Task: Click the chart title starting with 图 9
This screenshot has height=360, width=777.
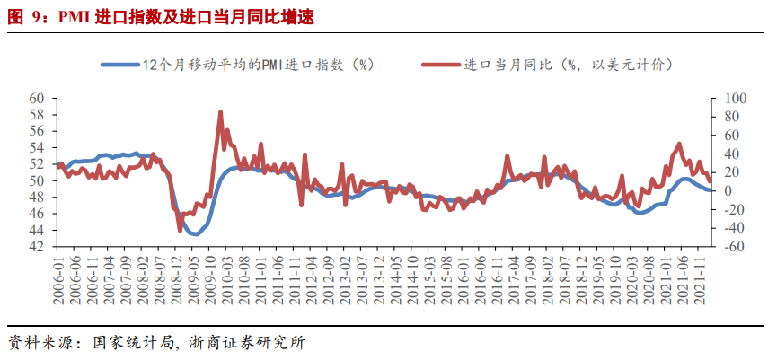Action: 162,14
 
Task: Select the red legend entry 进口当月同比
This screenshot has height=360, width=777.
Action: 557,65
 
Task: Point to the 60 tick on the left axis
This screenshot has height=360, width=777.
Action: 37,98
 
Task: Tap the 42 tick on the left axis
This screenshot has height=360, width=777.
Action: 37,247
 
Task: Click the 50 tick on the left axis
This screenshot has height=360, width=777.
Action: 37,180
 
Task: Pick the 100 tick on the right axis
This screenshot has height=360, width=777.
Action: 722,98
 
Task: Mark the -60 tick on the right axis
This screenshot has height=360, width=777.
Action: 722,247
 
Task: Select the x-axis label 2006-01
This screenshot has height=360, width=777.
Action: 59,278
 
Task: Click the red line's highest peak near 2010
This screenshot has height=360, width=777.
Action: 221,112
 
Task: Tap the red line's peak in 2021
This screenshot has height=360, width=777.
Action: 679,144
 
